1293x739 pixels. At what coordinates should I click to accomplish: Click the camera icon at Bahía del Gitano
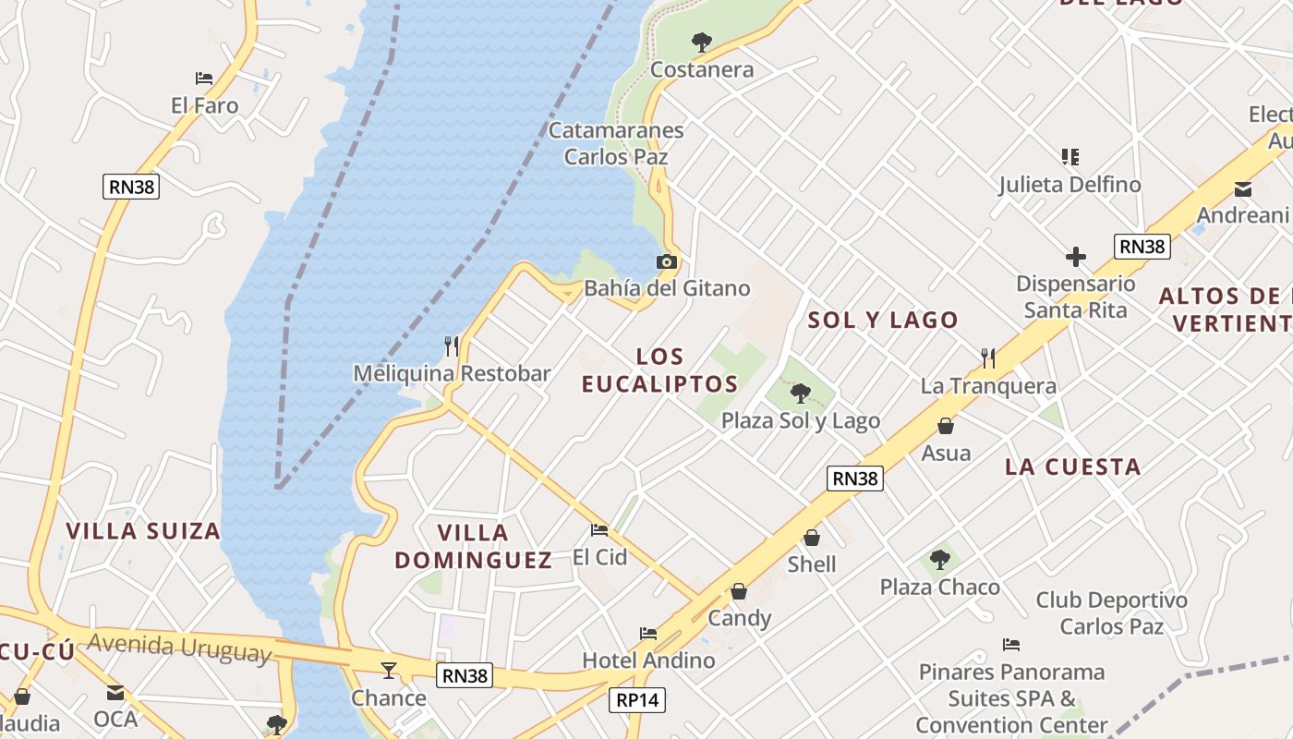tap(666, 262)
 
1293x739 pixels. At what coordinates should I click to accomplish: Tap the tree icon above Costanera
tap(702, 42)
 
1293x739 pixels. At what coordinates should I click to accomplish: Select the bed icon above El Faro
tap(204, 79)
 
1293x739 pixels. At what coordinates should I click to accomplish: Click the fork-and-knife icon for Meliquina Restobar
tap(452, 346)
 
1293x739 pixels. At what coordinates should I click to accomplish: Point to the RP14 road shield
tap(638, 700)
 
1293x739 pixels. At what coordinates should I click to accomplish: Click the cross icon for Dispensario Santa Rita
tap(1076, 257)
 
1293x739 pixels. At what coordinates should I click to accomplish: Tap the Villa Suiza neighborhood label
tap(143, 531)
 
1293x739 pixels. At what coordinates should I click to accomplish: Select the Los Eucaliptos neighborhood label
tap(660, 369)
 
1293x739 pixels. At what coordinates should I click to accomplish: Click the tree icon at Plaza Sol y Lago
tap(801, 394)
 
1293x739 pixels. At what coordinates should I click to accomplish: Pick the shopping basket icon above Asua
tap(946, 426)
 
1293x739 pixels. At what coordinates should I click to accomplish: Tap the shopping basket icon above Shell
tap(812, 538)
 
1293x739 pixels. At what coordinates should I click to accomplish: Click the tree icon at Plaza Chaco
tap(940, 560)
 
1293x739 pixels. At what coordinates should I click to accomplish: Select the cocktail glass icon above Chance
tap(389, 670)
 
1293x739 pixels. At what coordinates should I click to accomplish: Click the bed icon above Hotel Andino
tap(648, 634)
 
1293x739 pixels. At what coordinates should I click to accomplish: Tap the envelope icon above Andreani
tap(1242, 189)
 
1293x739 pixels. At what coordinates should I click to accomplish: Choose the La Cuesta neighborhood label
tap(1073, 466)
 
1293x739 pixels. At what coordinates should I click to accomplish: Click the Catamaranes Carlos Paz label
tap(616, 143)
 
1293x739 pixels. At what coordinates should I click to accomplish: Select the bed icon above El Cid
tap(599, 530)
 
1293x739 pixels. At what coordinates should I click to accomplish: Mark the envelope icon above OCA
tap(115, 692)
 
